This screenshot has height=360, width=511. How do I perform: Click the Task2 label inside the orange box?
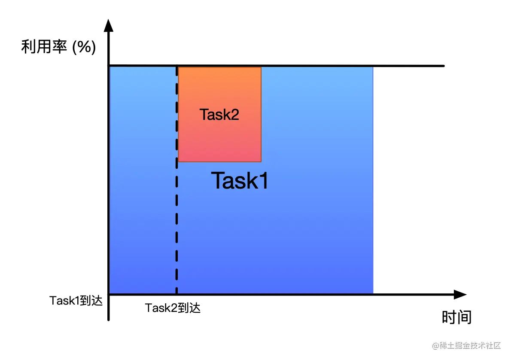(x=219, y=115)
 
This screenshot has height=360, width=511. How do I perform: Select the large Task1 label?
(x=240, y=180)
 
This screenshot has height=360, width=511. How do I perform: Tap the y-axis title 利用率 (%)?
(x=58, y=47)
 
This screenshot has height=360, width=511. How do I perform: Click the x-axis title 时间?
(x=456, y=317)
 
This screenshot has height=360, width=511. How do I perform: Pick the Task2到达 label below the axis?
(x=173, y=308)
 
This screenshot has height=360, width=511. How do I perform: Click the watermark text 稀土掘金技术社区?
(x=470, y=345)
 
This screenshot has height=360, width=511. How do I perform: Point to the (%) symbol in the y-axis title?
(x=84, y=47)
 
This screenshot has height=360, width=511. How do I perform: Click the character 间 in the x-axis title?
(x=464, y=317)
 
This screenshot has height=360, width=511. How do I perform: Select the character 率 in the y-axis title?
(x=60, y=47)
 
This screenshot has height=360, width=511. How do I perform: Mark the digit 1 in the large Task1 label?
(x=262, y=180)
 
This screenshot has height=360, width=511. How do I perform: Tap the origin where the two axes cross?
(x=109, y=295)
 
